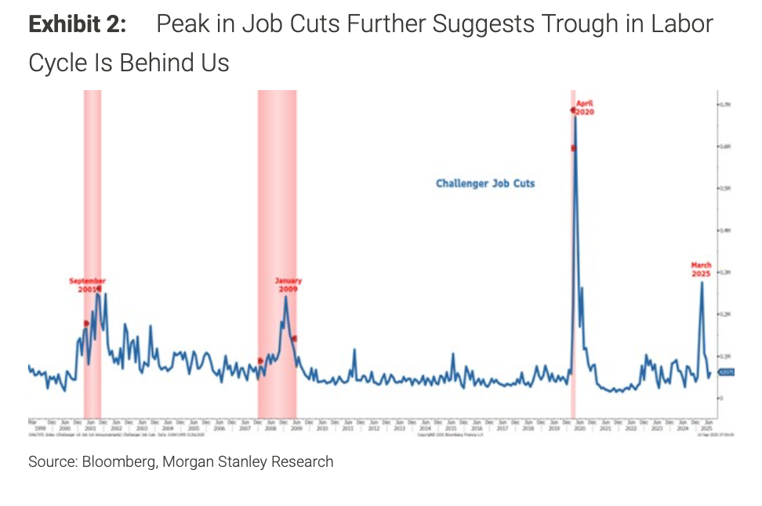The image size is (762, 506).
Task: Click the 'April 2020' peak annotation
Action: coord(585,107)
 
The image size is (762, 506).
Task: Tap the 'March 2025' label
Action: coord(701,269)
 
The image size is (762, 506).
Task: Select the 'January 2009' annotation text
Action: coord(288,284)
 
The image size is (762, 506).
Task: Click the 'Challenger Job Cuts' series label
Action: coord(485,183)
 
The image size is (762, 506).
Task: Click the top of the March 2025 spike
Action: coord(702,282)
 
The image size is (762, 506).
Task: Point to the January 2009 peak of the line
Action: coord(285,296)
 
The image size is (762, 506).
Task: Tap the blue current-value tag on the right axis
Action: coord(726,373)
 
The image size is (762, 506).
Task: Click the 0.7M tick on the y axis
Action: coord(725,104)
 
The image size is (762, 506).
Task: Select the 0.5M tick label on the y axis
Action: coord(725,188)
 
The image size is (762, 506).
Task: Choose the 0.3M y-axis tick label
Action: coord(725,272)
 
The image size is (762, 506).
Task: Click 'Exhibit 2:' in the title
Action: coord(77,24)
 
